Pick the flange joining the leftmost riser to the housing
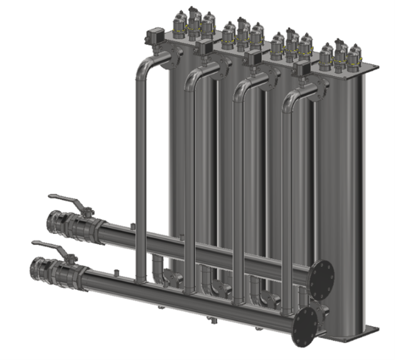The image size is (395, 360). coord(174,57)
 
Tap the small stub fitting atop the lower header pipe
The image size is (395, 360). coord(115,270)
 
